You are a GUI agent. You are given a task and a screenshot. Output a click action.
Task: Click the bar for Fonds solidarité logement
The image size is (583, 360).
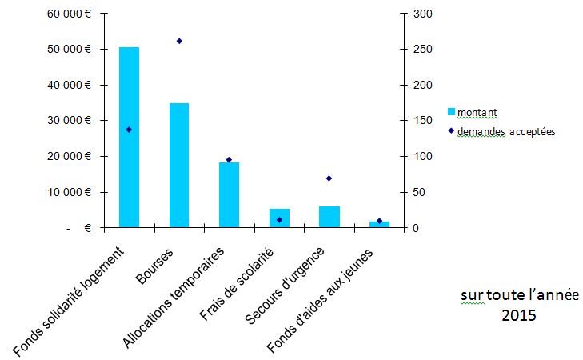point(129,138)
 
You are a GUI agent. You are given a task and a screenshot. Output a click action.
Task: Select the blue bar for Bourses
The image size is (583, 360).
point(179,165)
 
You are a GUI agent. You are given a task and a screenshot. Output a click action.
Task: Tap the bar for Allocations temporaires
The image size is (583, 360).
point(229,195)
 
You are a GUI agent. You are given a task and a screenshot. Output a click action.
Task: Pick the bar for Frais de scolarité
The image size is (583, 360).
point(279,218)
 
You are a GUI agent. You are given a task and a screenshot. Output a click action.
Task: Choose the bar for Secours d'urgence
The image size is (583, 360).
point(329,217)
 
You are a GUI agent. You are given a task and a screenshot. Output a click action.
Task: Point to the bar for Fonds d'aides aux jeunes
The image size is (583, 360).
point(379,224)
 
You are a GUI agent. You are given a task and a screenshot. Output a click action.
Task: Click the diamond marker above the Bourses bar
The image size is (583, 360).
point(179,41)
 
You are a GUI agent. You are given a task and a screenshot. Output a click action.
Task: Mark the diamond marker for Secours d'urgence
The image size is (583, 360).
point(329,178)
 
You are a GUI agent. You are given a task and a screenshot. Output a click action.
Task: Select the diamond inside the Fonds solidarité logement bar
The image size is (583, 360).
point(129,130)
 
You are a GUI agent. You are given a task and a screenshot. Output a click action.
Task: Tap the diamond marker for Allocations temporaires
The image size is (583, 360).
point(229,159)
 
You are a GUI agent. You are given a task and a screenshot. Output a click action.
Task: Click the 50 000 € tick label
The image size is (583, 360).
point(69,49)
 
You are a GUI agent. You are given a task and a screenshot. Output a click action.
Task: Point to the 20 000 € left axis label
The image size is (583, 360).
point(69,156)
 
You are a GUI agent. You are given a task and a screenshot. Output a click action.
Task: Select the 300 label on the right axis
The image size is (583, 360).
point(423,14)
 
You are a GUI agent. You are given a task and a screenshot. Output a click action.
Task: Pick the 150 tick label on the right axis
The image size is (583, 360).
point(423,121)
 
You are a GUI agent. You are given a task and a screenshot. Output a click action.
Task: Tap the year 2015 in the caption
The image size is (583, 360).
point(519,315)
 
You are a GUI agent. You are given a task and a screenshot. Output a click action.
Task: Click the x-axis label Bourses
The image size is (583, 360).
point(154,266)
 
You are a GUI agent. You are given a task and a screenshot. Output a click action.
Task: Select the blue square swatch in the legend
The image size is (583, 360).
point(451,111)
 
